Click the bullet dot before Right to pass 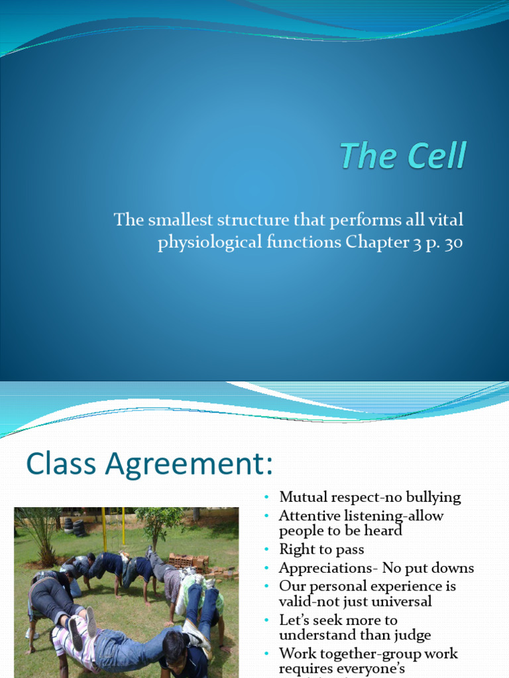click(266, 550)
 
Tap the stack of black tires click(75, 526)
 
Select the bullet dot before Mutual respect click(266, 497)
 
